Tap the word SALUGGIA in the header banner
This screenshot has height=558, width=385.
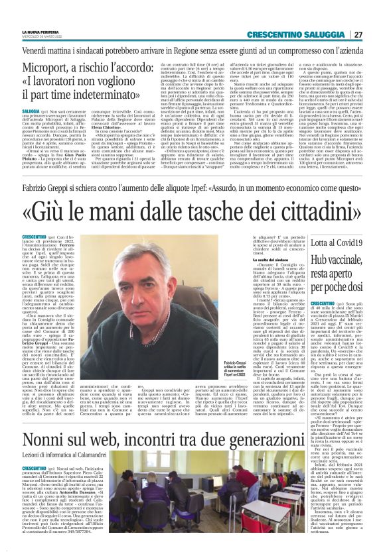click(323, 34)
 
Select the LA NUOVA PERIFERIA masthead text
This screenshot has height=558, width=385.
click(40, 30)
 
